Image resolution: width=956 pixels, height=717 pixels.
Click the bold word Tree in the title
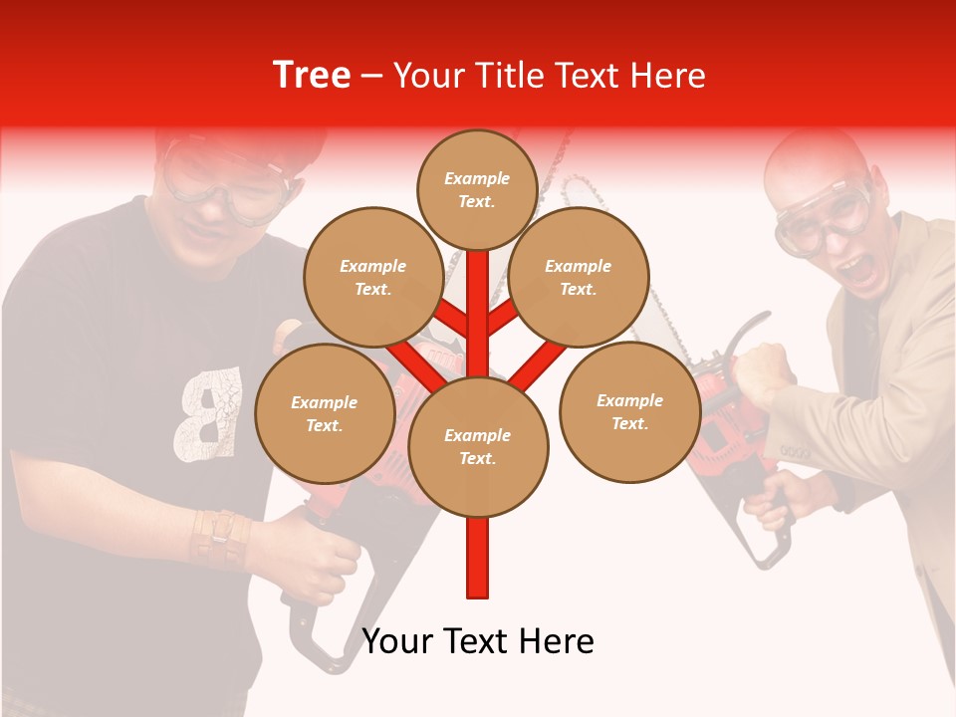coord(312,76)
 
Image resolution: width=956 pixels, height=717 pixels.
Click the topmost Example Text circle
coord(477,189)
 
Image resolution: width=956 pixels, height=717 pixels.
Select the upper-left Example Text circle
coord(373,277)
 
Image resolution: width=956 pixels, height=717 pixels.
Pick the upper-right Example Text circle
coord(579,277)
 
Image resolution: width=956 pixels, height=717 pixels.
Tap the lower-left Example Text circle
coord(325,413)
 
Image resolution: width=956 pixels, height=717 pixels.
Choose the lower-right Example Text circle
coord(629,411)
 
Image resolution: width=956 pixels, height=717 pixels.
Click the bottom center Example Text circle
coord(478,446)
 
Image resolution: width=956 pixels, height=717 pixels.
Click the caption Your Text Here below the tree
coord(478,641)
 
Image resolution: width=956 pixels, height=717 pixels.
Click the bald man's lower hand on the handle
coord(777,498)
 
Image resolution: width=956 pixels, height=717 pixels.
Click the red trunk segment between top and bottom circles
coord(478,319)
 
